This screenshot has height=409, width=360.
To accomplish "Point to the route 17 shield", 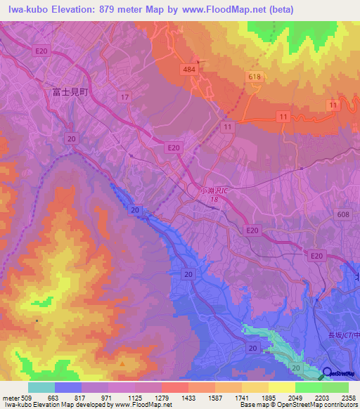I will (124, 97).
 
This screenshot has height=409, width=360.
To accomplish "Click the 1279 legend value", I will (162, 397).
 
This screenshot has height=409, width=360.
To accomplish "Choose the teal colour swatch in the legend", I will (41, 387).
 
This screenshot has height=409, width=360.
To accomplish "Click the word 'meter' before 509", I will (11, 397).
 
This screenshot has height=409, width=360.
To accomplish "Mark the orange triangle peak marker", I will (122, 364).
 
